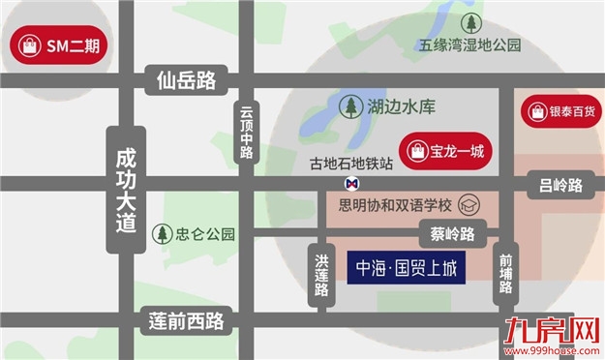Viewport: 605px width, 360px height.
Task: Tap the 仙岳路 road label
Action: (x=186, y=80)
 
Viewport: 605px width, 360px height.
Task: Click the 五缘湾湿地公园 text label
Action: (x=470, y=45)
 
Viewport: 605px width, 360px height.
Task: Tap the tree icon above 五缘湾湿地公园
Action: (x=470, y=22)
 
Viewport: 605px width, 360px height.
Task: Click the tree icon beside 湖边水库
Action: (x=350, y=106)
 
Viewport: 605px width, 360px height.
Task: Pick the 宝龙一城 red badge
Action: (x=447, y=151)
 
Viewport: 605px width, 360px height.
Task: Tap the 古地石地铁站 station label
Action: (x=350, y=164)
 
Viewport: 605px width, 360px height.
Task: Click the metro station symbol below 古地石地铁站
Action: (x=350, y=182)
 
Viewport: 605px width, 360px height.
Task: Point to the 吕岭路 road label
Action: (x=561, y=185)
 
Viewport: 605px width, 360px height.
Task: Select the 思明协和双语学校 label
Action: (x=396, y=205)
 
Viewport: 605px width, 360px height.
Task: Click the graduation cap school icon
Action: (x=469, y=205)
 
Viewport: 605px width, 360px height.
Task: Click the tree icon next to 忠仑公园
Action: (x=162, y=233)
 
